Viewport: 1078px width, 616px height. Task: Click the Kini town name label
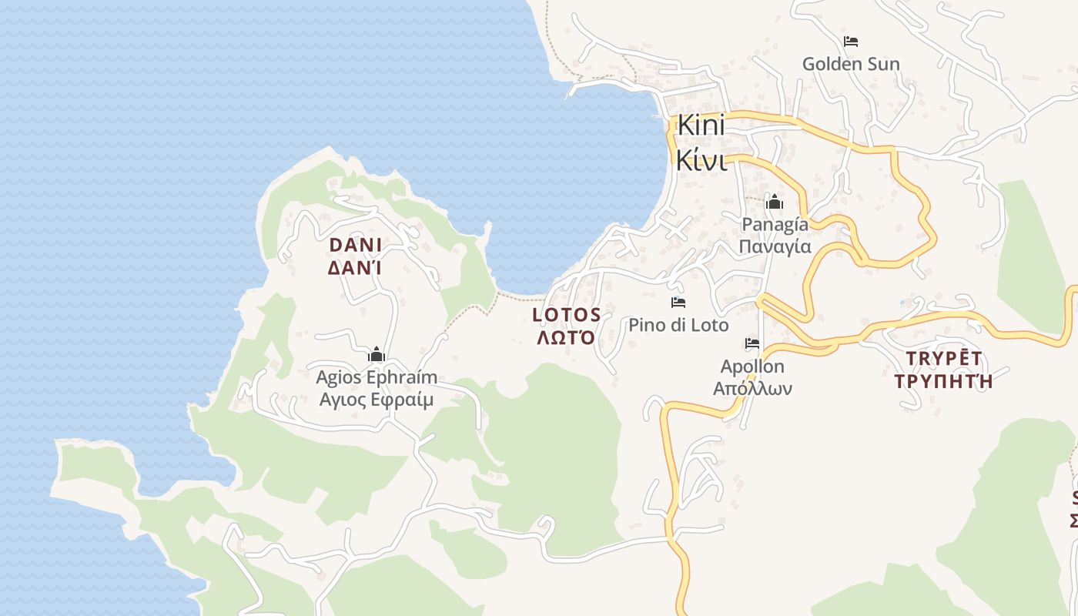pyautogui.click(x=701, y=125)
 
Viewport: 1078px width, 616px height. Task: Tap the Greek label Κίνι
pyautogui.click(x=701, y=160)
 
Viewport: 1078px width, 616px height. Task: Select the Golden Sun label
pyautogui.click(x=851, y=64)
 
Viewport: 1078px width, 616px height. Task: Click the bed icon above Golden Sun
pyautogui.click(x=851, y=42)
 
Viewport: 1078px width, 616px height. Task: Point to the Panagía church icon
pyautogui.click(x=775, y=203)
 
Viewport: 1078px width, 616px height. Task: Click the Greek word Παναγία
pyautogui.click(x=775, y=246)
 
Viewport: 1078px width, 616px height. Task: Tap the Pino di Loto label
pyautogui.click(x=678, y=325)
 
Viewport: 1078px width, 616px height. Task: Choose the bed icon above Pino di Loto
pyautogui.click(x=678, y=303)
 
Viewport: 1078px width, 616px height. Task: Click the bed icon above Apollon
pyautogui.click(x=752, y=343)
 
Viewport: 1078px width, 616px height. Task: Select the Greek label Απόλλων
pyautogui.click(x=752, y=388)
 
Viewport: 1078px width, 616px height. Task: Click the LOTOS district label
pyautogui.click(x=567, y=314)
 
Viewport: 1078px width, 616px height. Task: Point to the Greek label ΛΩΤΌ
pyautogui.click(x=567, y=337)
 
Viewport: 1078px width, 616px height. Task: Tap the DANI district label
pyautogui.click(x=355, y=245)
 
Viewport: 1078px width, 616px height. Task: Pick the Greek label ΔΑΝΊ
pyautogui.click(x=355, y=268)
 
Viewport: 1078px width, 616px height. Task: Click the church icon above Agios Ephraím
pyautogui.click(x=377, y=355)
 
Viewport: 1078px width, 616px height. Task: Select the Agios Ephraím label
pyautogui.click(x=377, y=377)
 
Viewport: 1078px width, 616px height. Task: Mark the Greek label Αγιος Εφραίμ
pyautogui.click(x=377, y=400)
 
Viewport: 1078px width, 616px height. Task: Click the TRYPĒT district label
pyautogui.click(x=943, y=358)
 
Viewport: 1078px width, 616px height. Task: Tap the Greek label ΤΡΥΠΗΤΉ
pyautogui.click(x=943, y=380)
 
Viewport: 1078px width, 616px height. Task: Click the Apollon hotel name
pyautogui.click(x=752, y=367)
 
